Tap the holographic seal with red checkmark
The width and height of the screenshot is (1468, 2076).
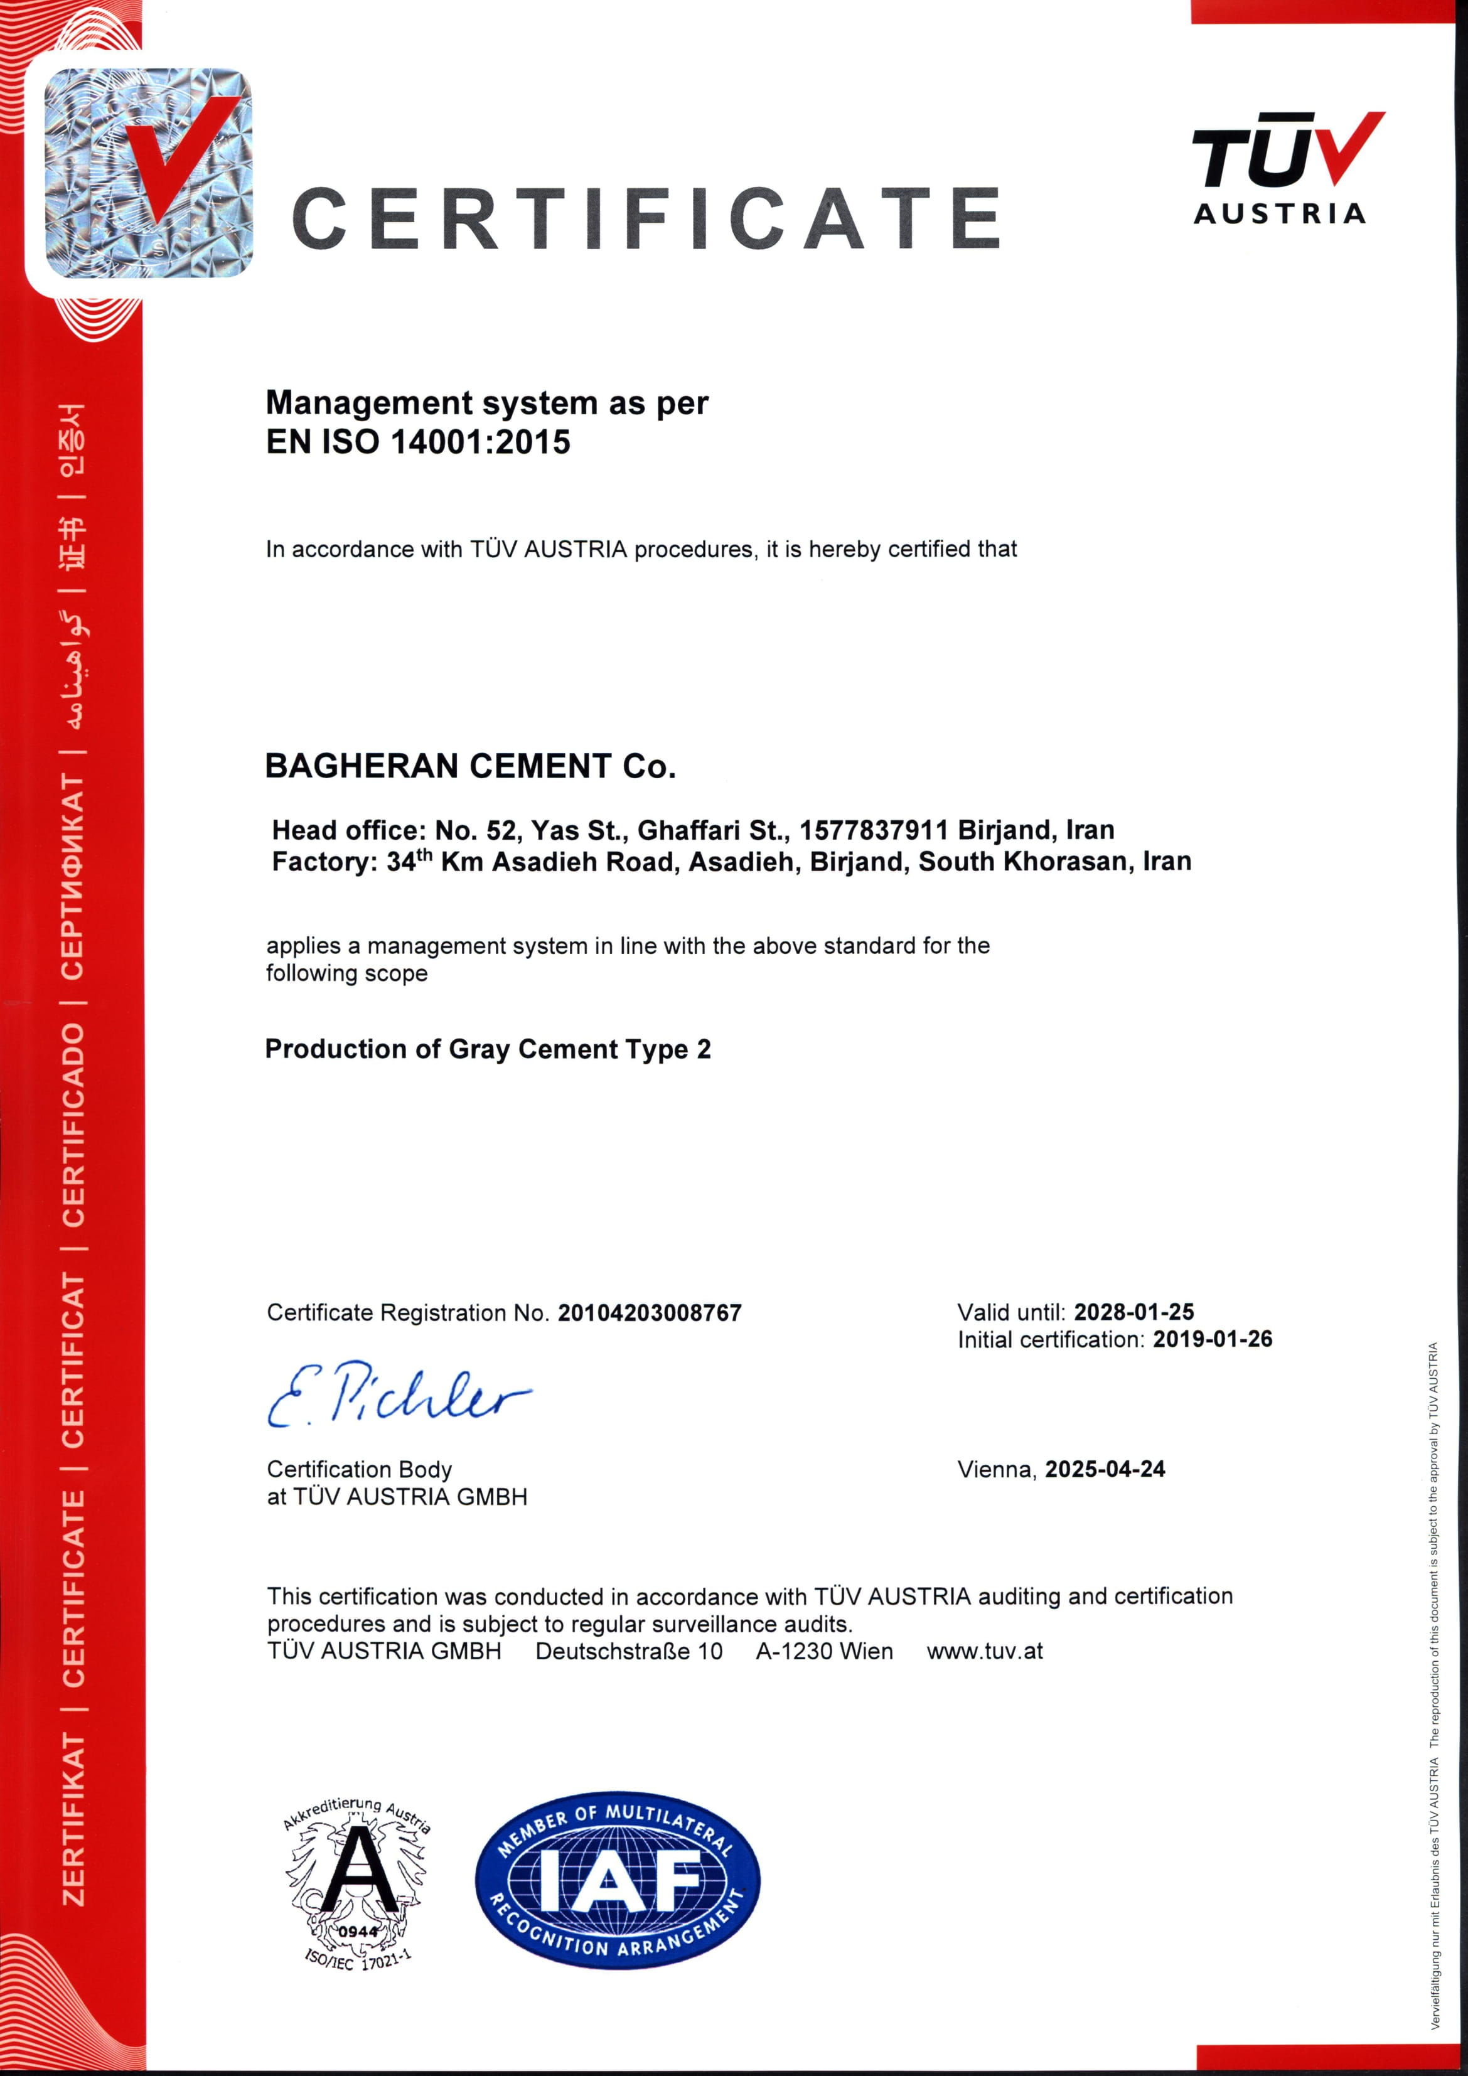(147, 172)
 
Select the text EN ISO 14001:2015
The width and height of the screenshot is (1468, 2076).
(418, 442)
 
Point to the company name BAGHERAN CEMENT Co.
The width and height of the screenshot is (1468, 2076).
(470, 766)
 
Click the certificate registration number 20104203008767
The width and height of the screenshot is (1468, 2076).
(650, 1313)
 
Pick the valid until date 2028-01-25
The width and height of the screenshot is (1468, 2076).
(1133, 1312)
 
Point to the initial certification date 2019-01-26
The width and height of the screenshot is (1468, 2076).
(1212, 1339)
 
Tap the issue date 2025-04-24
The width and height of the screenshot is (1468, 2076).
(1105, 1469)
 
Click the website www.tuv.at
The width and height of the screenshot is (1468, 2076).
(984, 1652)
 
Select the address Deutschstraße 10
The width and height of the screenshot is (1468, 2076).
(629, 1652)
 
